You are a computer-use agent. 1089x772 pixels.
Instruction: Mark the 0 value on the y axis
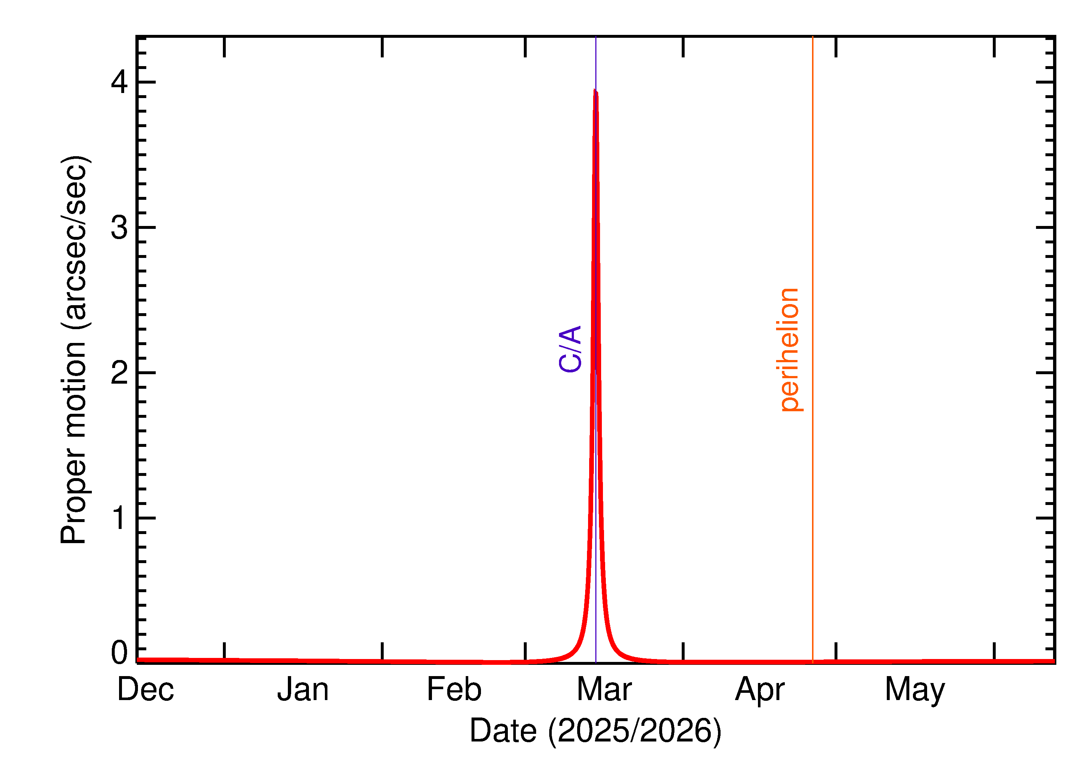pos(119,653)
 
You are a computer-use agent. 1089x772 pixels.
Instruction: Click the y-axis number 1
pos(119,518)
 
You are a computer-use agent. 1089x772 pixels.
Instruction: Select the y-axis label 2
pos(119,373)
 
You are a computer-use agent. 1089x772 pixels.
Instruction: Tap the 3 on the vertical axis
pos(119,227)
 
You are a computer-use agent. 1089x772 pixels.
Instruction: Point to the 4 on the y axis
pos(119,82)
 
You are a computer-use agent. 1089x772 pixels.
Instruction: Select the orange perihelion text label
pos(790,349)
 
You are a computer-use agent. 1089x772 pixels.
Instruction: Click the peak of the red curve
pos(595,91)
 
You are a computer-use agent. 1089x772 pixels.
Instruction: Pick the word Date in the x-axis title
pos(504,731)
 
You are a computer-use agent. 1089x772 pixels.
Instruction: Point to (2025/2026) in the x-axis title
pos(635,731)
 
